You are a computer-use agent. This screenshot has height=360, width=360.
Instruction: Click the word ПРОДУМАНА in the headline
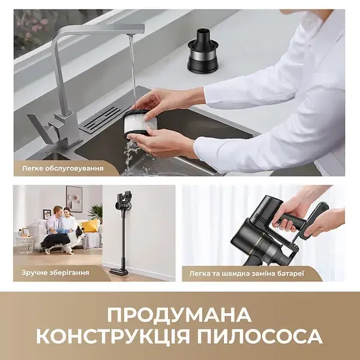(x=180, y=314)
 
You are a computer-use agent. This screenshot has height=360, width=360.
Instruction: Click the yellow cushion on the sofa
(x=90, y=226)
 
